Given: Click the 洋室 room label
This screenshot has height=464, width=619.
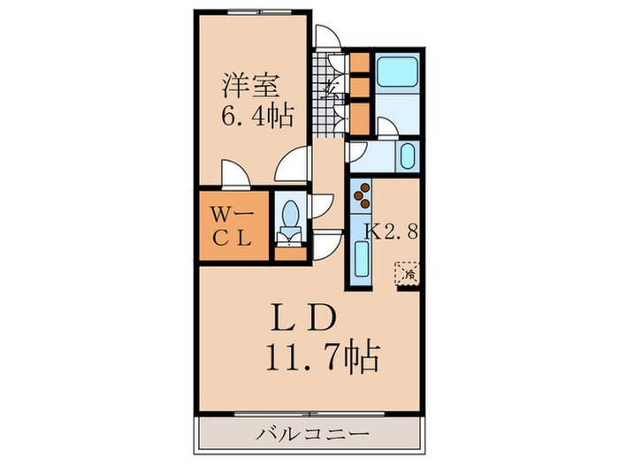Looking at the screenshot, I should (x=251, y=87).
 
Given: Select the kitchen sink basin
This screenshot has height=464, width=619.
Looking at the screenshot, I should (x=362, y=262).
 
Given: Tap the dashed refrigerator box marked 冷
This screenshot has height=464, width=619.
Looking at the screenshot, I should (x=408, y=273).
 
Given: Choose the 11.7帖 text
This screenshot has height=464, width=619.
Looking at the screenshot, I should (x=322, y=357).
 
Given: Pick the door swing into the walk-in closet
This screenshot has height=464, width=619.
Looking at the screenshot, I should (x=234, y=175).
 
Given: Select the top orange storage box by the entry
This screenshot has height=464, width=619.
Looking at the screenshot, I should (x=360, y=63).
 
